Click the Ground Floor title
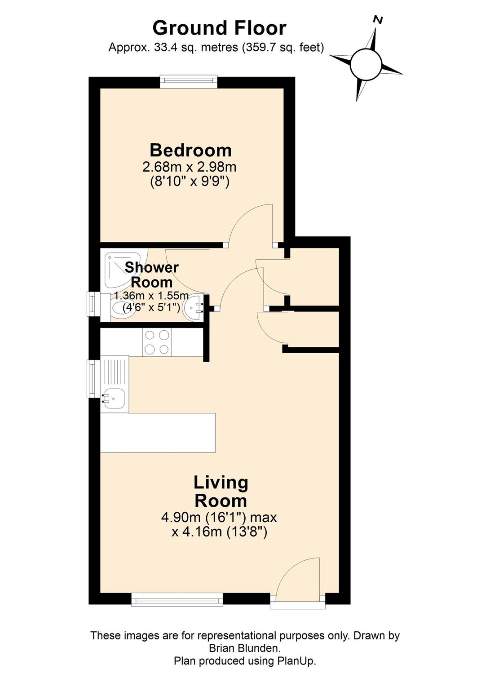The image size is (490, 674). click(x=219, y=28)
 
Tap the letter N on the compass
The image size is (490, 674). click(x=378, y=20)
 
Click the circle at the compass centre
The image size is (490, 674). click(x=366, y=64)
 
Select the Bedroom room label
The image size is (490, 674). click(x=191, y=151)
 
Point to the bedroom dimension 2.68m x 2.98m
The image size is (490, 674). click(x=189, y=167)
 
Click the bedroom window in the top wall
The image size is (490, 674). click(x=189, y=81)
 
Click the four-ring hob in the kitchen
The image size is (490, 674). click(x=157, y=342)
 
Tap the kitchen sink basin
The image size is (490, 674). click(x=114, y=399)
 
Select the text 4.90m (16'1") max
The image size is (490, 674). click(x=219, y=518)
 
